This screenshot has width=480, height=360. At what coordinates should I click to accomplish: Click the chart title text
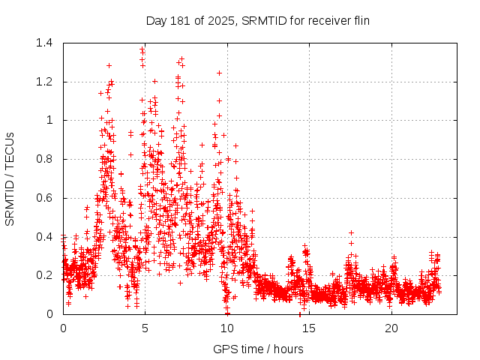257,20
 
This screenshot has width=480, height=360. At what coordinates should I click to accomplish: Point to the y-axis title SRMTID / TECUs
10,178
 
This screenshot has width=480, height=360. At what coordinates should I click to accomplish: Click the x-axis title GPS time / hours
257,349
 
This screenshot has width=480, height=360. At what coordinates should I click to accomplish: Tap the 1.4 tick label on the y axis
43,43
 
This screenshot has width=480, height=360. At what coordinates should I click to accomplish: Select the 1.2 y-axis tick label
43,82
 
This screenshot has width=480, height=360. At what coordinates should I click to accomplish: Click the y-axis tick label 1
49,120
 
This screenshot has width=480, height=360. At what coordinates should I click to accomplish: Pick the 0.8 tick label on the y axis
43,159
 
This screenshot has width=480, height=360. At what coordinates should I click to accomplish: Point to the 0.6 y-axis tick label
43,198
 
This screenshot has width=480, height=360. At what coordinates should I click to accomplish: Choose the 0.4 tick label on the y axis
43,237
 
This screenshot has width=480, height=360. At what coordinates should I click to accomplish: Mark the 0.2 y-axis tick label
43,275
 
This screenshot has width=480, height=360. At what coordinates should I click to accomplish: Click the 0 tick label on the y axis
49,314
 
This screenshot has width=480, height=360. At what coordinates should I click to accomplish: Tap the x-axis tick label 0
63,328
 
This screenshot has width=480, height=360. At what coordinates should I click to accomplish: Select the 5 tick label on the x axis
145,328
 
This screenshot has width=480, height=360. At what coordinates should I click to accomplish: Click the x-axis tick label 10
227,328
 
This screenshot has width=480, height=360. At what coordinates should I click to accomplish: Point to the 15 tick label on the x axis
309,328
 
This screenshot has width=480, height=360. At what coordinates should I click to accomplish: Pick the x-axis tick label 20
391,328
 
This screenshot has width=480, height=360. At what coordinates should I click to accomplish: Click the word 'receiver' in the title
328,20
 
